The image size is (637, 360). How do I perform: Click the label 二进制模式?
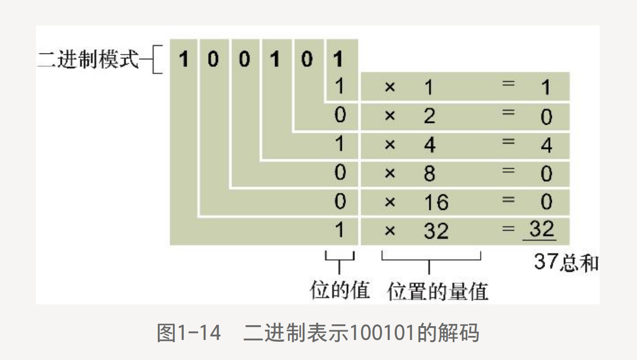click(88, 60)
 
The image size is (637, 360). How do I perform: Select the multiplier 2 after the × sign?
click(429, 116)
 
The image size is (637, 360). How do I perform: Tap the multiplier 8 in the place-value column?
click(429, 173)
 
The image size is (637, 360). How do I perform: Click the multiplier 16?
click(436, 202)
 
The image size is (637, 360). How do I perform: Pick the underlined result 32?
click(541, 229)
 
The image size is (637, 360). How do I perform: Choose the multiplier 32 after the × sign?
click(436, 231)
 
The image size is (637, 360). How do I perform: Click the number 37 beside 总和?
click(546, 262)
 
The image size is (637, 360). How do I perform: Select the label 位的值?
click(340, 290)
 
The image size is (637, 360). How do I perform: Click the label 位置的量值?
click(438, 291)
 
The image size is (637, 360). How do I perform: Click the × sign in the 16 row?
click(390, 202)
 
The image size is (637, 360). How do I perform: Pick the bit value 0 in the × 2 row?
click(340, 116)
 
